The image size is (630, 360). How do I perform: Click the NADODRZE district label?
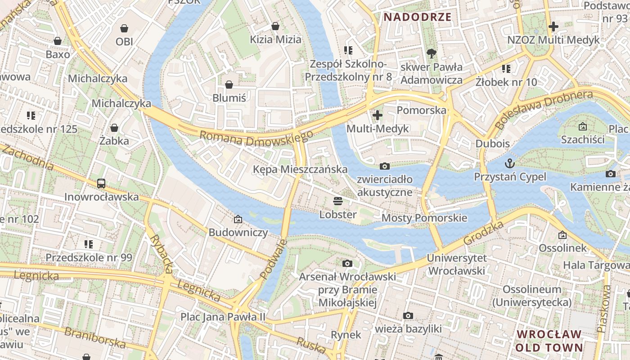(x=417, y=17)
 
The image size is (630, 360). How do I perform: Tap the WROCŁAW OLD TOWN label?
(x=549, y=341)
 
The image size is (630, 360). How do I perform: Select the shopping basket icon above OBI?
(x=124, y=28)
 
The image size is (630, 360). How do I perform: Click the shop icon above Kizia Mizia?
(x=275, y=26)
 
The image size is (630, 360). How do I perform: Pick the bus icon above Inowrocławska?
(x=101, y=183)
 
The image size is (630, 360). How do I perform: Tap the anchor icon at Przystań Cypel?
(x=510, y=162)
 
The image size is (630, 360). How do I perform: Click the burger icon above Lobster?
(x=338, y=201)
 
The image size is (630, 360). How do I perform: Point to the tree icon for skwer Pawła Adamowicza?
(x=431, y=54)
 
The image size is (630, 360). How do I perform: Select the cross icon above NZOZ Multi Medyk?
(x=553, y=26)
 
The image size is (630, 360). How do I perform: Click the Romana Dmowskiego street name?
(x=256, y=138)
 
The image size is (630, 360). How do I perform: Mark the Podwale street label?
(x=273, y=259)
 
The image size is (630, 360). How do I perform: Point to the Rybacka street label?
(x=161, y=254)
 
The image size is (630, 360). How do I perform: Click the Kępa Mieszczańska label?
(x=300, y=169)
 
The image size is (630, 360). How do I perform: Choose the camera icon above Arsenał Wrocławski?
(x=347, y=263)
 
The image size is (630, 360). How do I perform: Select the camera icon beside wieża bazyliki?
(x=408, y=315)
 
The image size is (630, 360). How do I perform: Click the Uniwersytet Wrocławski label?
(x=456, y=264)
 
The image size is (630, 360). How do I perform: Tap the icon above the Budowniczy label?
(x=238, y=219)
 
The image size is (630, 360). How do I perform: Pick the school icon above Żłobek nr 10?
(x=506, y=69)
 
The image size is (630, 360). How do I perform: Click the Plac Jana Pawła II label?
(x=223, y=316)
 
